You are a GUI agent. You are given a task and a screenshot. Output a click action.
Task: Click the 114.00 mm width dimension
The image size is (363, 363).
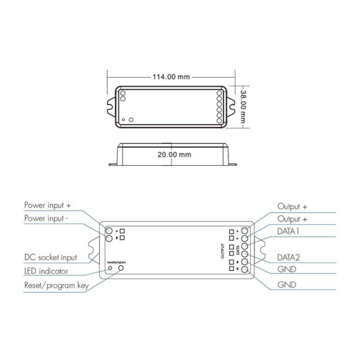click(169, 77)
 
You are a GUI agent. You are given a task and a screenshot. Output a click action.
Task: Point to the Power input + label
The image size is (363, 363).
click(48, 205)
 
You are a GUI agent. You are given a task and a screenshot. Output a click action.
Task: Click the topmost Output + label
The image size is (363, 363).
click(293, 206)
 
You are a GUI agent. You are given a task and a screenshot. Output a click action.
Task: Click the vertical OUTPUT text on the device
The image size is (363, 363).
click(222, 250)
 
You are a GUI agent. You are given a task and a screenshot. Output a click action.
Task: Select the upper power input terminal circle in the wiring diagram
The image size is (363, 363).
click(109, 231)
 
